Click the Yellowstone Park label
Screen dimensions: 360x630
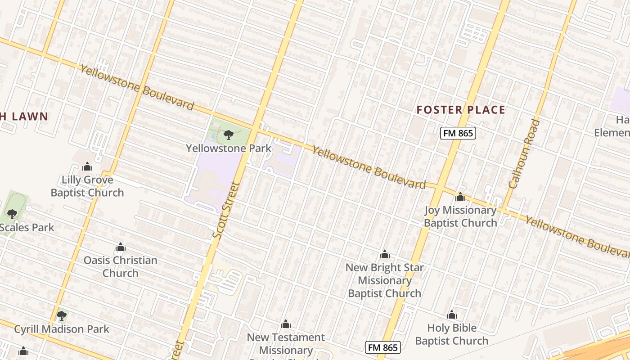229,148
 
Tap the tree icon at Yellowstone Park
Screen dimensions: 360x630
229,135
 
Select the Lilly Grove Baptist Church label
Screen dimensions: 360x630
87,186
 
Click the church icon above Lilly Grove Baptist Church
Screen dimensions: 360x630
87,167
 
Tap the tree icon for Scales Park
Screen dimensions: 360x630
12,214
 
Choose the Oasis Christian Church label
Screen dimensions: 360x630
120,266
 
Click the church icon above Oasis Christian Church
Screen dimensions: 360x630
120,247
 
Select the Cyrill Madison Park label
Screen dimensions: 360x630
62,329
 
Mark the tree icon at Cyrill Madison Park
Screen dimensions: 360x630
62,316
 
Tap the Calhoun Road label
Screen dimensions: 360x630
524,153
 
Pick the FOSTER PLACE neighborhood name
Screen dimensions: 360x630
461,110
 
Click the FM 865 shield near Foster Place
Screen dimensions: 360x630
458,133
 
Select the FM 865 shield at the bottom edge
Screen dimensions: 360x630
383,347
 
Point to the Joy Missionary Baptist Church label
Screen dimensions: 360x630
460,216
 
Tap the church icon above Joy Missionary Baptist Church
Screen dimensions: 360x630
460,197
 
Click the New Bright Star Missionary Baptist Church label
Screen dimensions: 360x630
385,280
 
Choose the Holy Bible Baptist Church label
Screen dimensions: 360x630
452,334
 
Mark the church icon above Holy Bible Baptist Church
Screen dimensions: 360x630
452,315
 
